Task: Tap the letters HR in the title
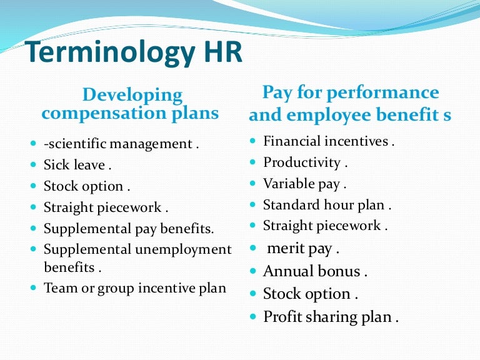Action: (x=220, y=52)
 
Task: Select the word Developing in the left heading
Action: (x=132, y=96)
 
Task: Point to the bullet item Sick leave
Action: (x=77, y=166)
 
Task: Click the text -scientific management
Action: (x=121, y=144)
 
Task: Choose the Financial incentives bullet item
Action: (x=329, y=142)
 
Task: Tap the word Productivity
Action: (x=301, y=163)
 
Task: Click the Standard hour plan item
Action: (x=327, y=205)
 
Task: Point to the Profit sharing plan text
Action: (x=331, y=317)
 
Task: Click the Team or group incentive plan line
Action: (x=134, y=288)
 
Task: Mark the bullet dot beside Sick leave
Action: (x=33, y=166)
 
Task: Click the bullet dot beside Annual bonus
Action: (x=252, y=271)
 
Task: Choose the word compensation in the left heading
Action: (x=105, y=114)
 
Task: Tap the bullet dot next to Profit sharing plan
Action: (x=252, y=316)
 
